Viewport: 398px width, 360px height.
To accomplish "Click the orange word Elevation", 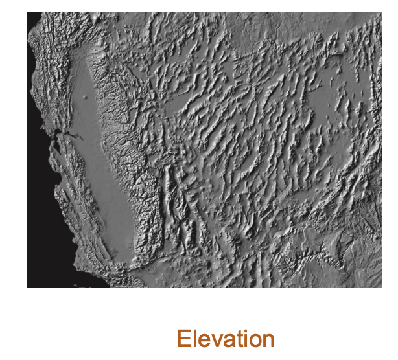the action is coord(225,339).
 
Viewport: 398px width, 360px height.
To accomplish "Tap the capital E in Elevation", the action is coord(183,339).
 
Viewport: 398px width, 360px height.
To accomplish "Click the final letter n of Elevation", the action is coord(268,341).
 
